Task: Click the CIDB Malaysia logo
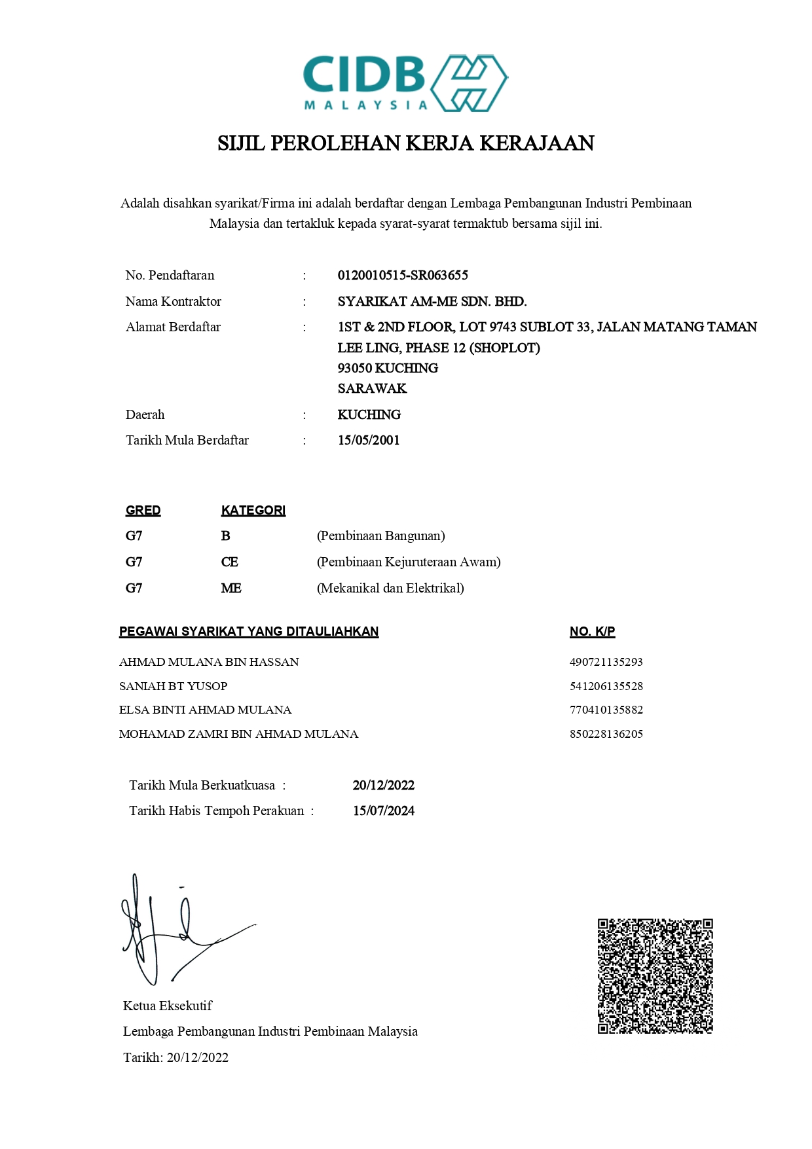(405, 83)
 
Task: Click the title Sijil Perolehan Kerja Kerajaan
(405, 143)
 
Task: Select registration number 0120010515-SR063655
(403, 276)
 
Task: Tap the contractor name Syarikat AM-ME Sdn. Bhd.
(432, 302)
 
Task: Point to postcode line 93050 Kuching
(388, 368)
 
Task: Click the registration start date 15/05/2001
(369, 441)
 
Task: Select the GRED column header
(143, 511)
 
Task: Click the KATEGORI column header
(253, 511)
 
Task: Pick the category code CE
(229, 562)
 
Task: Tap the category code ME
(231, 589)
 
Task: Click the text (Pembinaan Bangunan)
(380, 536)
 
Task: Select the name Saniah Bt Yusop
(173, 686)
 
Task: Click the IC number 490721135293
(606, 662)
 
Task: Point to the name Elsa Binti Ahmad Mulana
(205, 710)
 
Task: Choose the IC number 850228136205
(606, 734)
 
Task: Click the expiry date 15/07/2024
(383, 811)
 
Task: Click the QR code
(655, 976)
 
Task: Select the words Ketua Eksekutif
(168, 1006)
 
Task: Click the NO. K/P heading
(592, 632)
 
